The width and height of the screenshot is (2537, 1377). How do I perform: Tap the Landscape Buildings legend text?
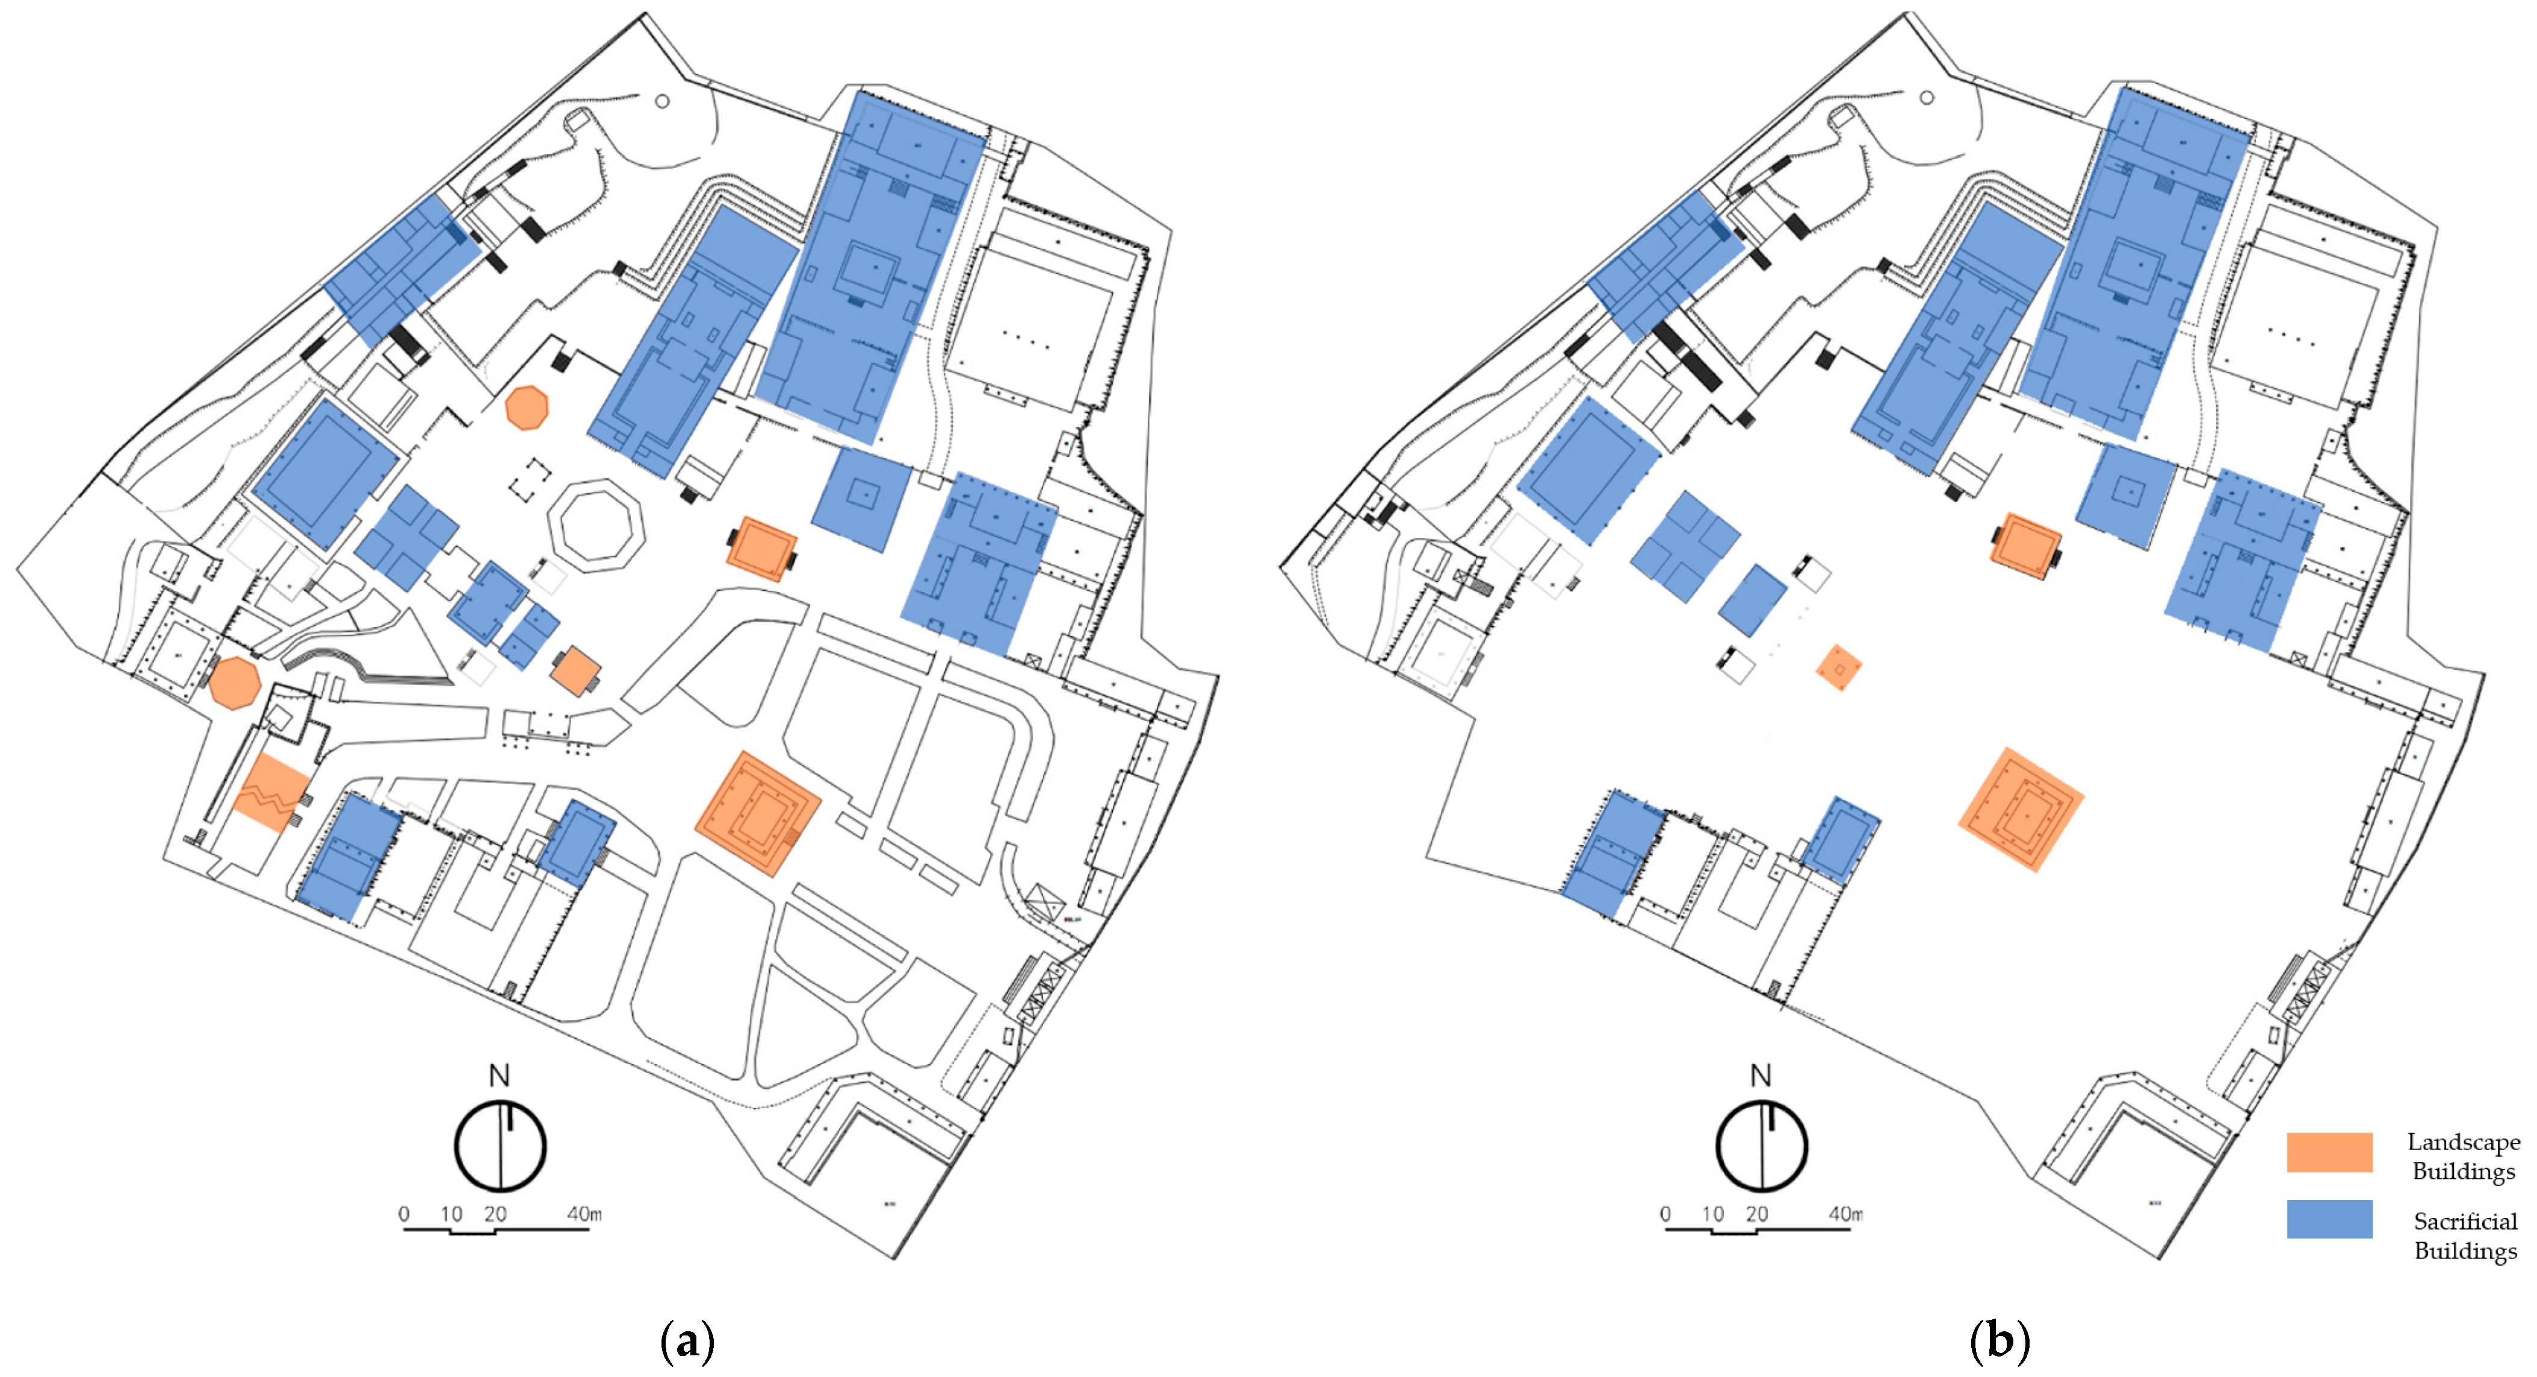(2463, 1156)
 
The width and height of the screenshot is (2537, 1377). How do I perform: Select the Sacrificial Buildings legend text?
(2464, 1235)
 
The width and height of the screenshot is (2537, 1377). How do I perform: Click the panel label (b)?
(2000, 1340)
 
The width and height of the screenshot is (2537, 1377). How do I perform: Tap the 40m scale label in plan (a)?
(584, 1213)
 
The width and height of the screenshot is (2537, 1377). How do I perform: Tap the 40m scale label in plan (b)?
(1845, 1213)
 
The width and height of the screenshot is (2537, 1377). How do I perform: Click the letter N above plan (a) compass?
(500, 1075)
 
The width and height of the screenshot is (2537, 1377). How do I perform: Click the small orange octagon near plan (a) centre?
(527, 407)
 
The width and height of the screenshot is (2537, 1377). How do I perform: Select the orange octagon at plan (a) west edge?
(234, 682)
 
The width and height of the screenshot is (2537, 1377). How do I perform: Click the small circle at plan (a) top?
(662, 101)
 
